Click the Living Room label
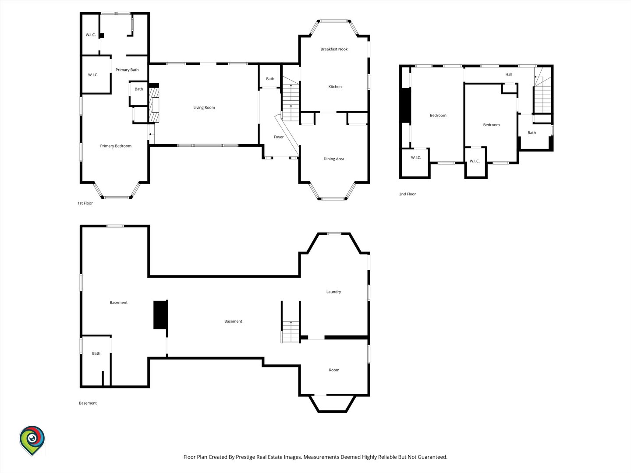pyautogui.click(x=204, y=107)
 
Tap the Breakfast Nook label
pyautogui.click(x=334, y=49)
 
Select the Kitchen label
pyautogui.click(x=335, y=86)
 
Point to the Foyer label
pyautogui.click(x=279, y=137)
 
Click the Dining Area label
pyautogui.click(x=334, y=159)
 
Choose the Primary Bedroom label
pyautogui.click(x=116, y=146)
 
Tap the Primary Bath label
pyautogui.click(x=127, y=70)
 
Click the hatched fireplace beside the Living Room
pyautogui.click(x=154, y=105)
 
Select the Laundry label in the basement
pyautogui.click(x=333, y=292)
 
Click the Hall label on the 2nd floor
pyautogui.click(x=509, y=74)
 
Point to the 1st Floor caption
pyautogui.click(x=85, y=203)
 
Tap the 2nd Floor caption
pyautogui.click(x=408, y=194)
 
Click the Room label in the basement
pyautogui.click(x=334, y=370)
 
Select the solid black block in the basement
pyautogui.click(x=160, y=314)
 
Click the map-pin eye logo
pyautogui.click(x=32, y=441)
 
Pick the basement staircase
pyautogui.click(x=291, y=332)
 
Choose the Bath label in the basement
pyautogui.click(x=96, y=353)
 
